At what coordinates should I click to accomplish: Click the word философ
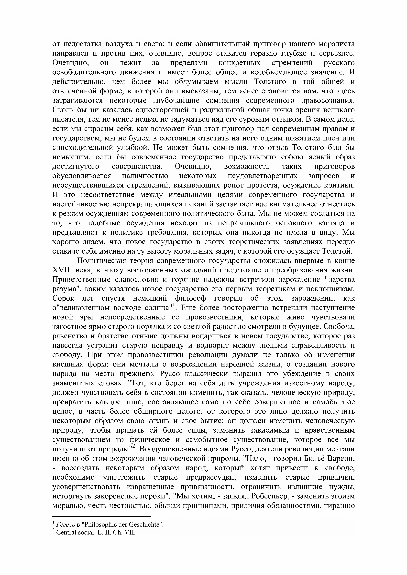coord(191,298)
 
